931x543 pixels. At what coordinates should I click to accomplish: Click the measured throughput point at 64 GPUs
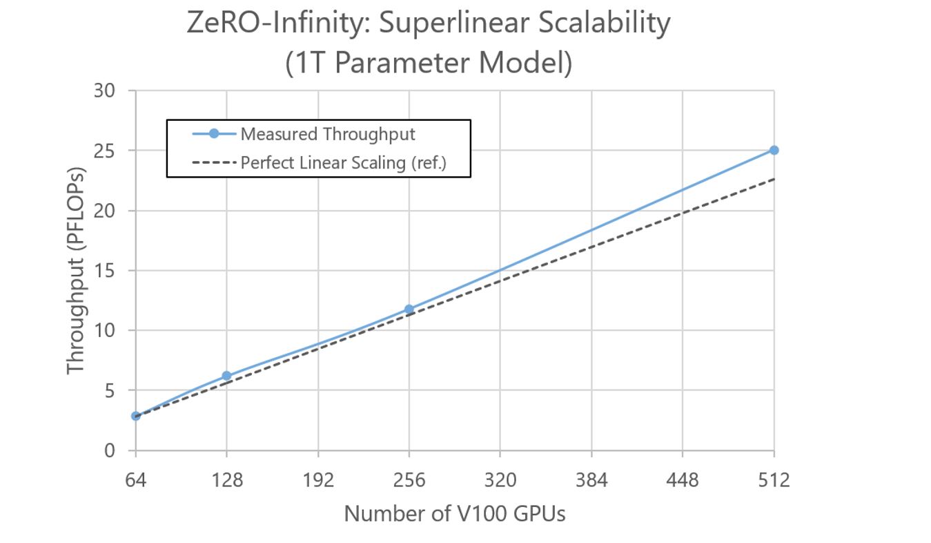click(x=136, y=416)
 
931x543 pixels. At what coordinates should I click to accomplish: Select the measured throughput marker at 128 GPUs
click(x=226, y=376)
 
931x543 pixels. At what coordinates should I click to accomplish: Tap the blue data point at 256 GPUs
click(x=409, y=309)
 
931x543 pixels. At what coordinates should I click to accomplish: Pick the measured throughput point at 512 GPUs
click(x=774, y=150)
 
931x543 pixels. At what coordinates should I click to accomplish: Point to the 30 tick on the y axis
click(x=106, y=90)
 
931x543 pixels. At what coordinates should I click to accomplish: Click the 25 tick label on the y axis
click(x=106, y=151)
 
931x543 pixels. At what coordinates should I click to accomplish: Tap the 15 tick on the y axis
click(x=106, y=270)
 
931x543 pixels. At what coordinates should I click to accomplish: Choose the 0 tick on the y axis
click(x=110, y=450)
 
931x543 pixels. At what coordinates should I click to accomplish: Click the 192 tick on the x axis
click(x=317, y=479)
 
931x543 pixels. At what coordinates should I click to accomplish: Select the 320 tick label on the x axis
click(x=500, y=479)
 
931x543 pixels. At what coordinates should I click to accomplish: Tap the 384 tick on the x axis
click(x=591, y=479)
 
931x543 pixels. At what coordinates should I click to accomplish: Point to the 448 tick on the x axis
click(x=683, y=479)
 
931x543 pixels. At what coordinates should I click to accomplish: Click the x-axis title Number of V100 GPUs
click(x=454, y=514)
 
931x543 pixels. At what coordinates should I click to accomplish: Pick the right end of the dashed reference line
click(x=773, y=179)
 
